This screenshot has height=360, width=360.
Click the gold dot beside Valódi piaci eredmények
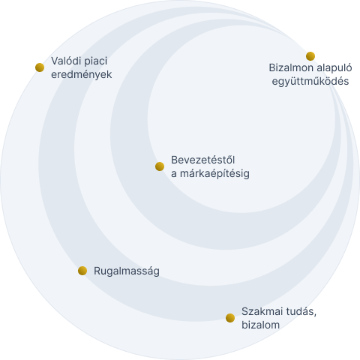40,67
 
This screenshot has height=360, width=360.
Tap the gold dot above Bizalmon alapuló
310,56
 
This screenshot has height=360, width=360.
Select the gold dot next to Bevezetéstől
160,166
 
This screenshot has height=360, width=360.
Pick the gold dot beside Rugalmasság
82,271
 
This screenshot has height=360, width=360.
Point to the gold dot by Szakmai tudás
230,318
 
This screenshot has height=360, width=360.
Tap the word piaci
96,61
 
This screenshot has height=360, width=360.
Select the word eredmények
82,75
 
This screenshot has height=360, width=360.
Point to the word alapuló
334,68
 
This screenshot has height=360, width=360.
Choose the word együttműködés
310,82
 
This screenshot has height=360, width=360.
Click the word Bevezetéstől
202,160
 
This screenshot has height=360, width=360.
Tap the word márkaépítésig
214,174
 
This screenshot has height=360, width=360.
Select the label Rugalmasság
127,271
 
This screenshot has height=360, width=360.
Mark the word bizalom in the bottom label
260,325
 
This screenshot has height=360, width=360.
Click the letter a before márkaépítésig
174,174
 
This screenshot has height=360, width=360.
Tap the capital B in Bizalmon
272,68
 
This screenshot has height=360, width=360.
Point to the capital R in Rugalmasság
97,271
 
